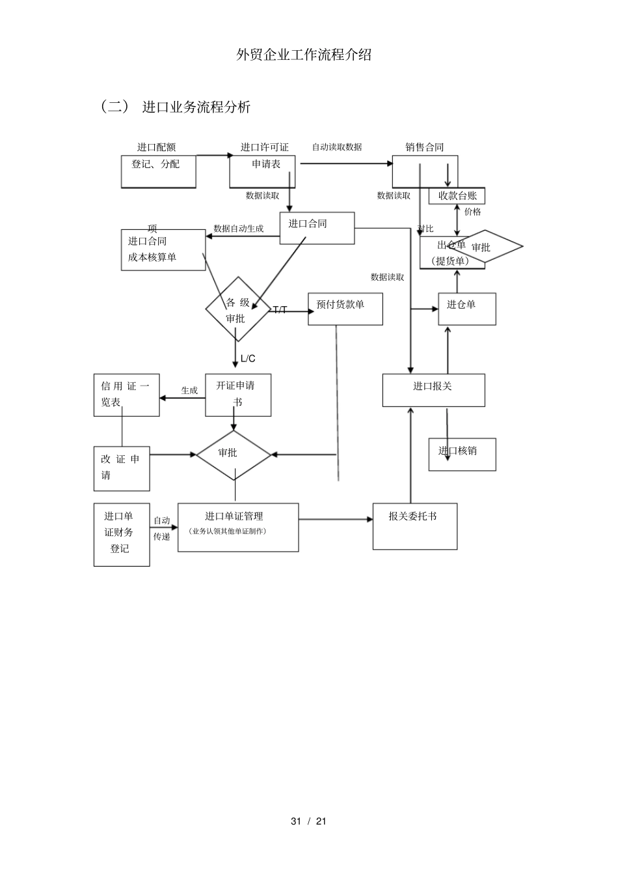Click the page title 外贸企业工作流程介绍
pos(304,55)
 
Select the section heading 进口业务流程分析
pos(196,107)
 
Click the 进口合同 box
pos(317,228)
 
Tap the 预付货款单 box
pos(345,309)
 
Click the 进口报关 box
pos(433,389)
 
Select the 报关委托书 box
pos(414,526)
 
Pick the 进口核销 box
pos(462,454)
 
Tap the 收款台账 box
pos(457,196)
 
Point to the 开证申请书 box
pos(238,395)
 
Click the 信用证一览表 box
pos(126,395)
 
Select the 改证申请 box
pos(122,468)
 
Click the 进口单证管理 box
pos(238,527)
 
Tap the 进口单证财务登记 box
pos(122,534)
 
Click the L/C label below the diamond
pos(248,358)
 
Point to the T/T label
pos(280,310)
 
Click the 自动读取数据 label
pos(337,147)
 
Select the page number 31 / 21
pos(308,821)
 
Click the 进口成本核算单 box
pos(163,249)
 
